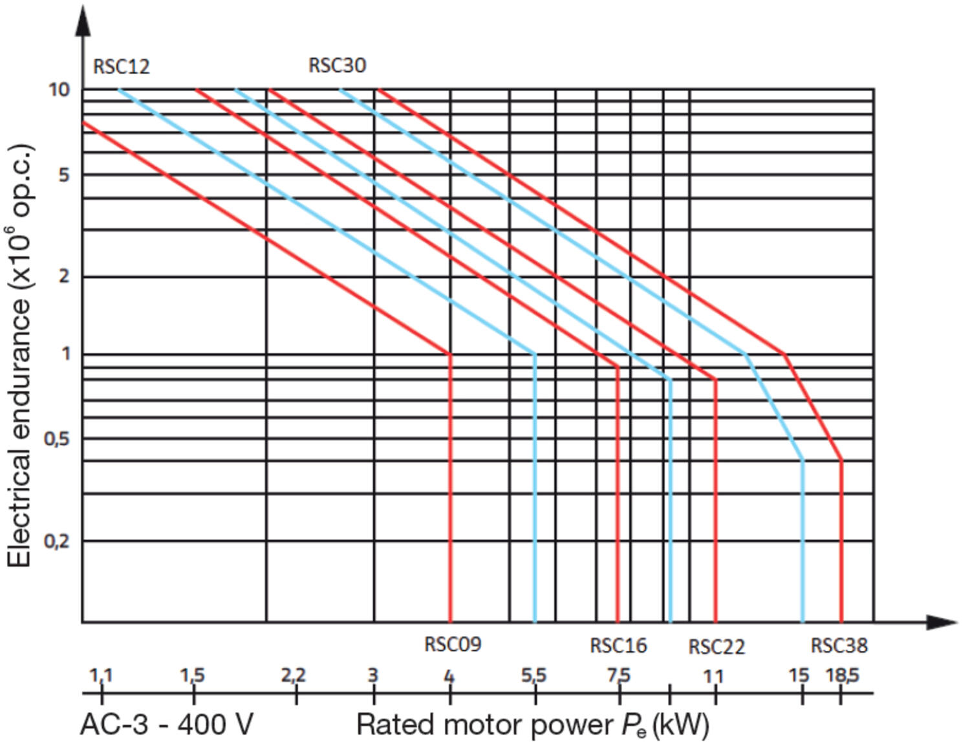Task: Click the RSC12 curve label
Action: click(x=122, y=67)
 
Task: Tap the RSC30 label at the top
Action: click(x=337, y=65)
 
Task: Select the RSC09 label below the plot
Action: click(x=453, y=644)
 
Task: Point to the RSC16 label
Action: click(x=618, y=646)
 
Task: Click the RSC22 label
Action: click(x=717, y=647)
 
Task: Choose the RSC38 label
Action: click(x=839, y=646)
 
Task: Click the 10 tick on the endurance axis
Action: click(x=59, y=89)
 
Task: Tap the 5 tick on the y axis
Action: click(x=63, y=175)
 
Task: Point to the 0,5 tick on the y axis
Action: click(x=56, y=439)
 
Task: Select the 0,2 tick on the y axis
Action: click(x=56, y=541)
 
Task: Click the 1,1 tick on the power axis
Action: click(x=101, y=676)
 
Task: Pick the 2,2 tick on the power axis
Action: click(x=294, y=676)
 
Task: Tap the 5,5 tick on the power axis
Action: click(x=534, y=676)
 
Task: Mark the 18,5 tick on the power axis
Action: click(x=843, y=676)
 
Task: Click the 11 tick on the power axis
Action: click(x=713, y=677)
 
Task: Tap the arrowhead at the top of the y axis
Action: click(x=83, y=19)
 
